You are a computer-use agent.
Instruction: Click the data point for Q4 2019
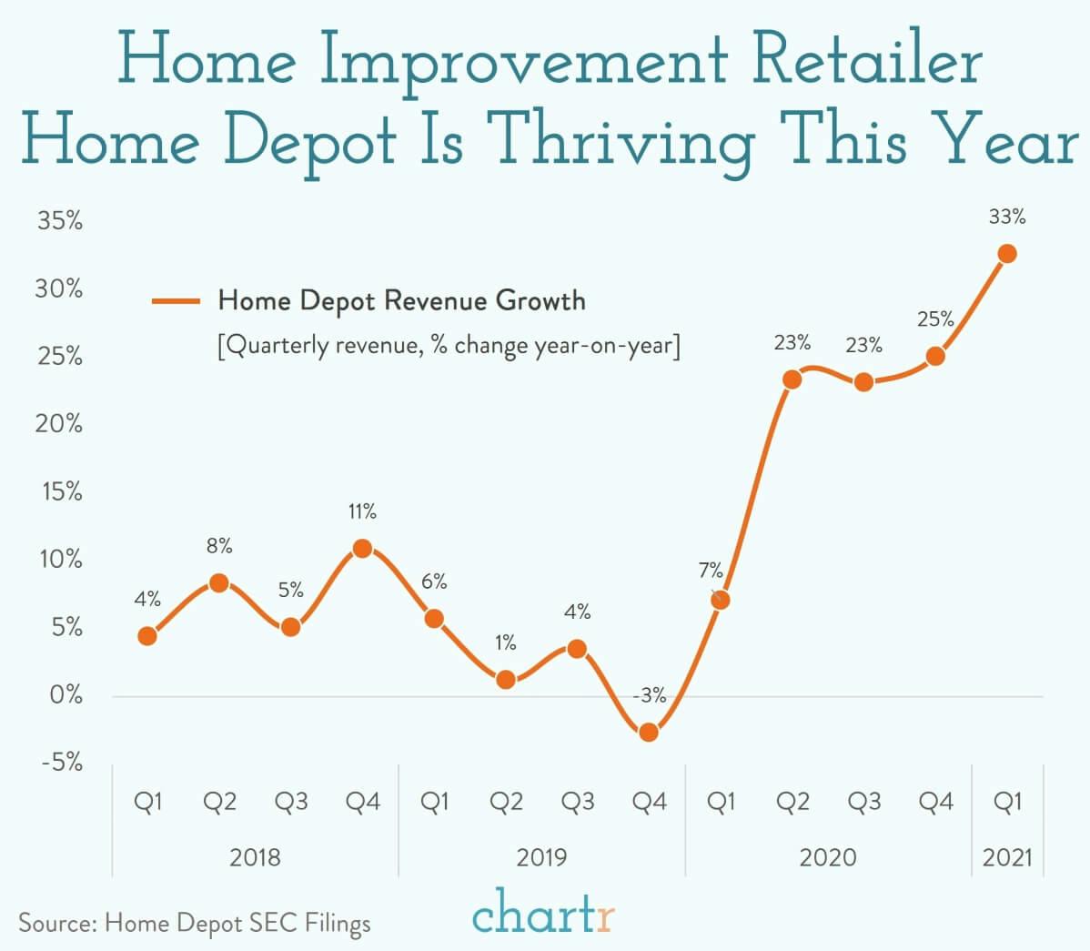click(649, 732)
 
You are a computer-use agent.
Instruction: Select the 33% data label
click(1007, 217)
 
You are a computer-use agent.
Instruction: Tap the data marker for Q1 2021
click(1007, 253)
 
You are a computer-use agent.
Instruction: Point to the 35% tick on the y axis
click(59, 221)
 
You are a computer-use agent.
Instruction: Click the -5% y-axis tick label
click(61, 763)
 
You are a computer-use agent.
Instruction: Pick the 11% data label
click(362, 511)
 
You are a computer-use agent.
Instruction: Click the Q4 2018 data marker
click(362, 548)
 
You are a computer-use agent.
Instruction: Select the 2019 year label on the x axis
click(541, 857)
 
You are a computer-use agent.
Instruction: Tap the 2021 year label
click(1007, 857)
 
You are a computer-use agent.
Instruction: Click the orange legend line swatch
click(176, 301)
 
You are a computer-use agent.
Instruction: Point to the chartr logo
click(543, 915)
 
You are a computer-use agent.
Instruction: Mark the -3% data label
click(649, 696)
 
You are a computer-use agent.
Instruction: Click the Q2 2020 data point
click(792, 379)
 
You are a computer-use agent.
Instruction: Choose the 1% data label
click(506, 642)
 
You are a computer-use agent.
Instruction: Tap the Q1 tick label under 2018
click(147, 802)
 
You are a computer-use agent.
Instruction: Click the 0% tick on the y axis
click(66, 695)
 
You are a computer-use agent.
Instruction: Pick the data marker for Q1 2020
click(720, 600)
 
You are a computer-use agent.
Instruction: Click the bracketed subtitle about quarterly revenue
click(449, 347)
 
